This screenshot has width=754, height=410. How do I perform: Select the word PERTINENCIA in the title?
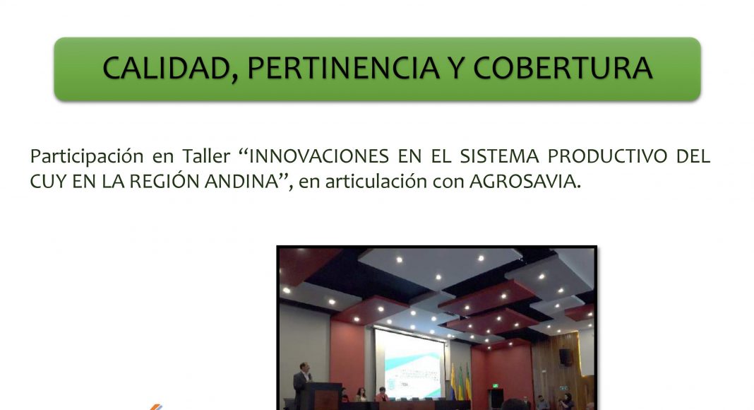click(343, 68)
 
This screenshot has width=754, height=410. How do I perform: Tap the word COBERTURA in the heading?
click(563, 68)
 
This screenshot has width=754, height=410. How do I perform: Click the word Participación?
click(87, 157)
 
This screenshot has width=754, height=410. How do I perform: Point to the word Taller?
click(206, 156)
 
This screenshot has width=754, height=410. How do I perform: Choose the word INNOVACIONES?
click(318, 156)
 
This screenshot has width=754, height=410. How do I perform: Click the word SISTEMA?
click(499, 156)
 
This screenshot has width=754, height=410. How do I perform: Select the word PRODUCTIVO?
click(608, 156)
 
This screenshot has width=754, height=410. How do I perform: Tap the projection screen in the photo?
click(409, 363)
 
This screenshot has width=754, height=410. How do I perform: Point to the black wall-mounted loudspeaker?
click(565, 356)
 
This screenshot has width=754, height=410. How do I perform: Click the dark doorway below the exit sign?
click(496, 398)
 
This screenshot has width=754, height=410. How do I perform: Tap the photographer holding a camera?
click(568, 402)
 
